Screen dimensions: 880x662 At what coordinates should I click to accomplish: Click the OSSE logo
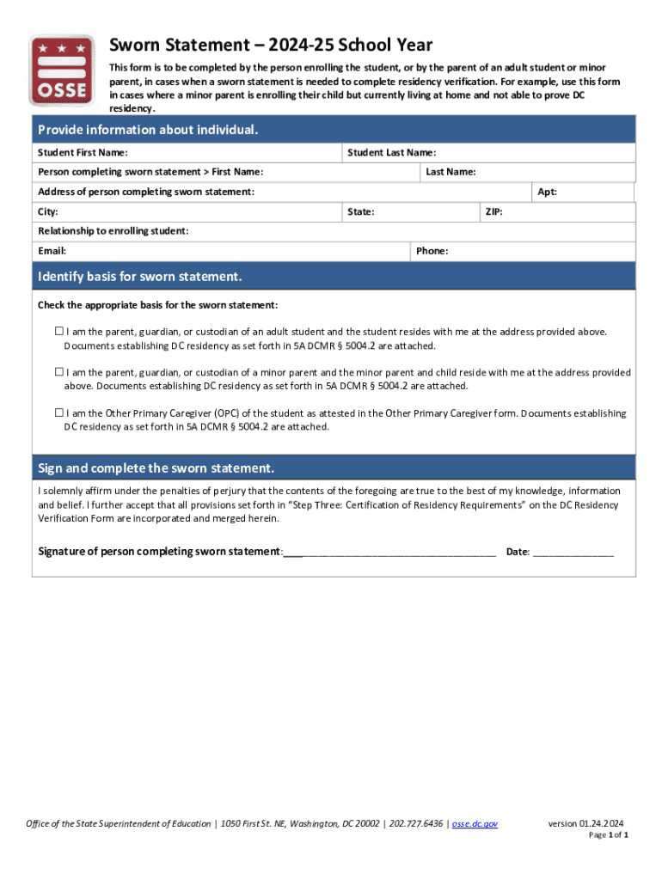pos(62,70)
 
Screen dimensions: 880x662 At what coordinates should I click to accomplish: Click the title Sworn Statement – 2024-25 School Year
pos(270,46)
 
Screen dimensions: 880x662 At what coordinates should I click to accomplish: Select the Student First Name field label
pos(83,153)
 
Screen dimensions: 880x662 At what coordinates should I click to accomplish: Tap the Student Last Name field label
pos(391,153)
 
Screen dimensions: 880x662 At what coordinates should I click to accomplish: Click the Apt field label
pos(547,192)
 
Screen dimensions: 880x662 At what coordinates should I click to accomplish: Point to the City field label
pos(48,211)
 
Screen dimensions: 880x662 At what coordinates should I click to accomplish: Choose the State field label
pos(360,211)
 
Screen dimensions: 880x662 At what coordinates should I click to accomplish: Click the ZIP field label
pos(493,211)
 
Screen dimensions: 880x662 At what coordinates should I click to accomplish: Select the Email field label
pos(52,251)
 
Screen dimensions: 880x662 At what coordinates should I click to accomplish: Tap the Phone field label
pos(432,251)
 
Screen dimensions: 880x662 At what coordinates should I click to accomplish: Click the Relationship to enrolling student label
pos(113,231)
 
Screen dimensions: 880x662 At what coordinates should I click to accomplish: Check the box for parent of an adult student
pos(59,331)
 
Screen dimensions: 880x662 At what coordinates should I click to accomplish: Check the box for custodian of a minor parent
pos(59,372)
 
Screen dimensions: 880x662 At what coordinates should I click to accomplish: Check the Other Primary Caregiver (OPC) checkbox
pos(59,412)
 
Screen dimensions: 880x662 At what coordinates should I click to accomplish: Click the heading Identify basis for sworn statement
pos(140,277)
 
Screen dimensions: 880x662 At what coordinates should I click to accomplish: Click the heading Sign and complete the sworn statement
pos(156,468)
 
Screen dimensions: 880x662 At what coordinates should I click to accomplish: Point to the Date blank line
pos(573,552)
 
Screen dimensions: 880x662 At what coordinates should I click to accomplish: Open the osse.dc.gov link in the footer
pos(475,824)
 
